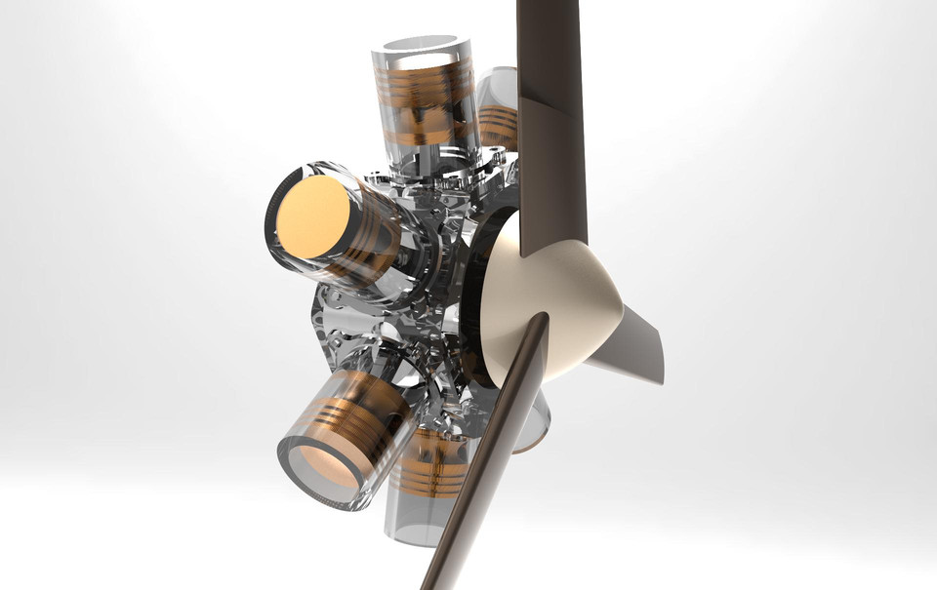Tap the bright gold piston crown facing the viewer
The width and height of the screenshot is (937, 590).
click(312, 216)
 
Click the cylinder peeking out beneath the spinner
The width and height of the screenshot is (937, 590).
click(532, 419)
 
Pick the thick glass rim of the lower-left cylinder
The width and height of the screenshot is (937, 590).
click(293, 478)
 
